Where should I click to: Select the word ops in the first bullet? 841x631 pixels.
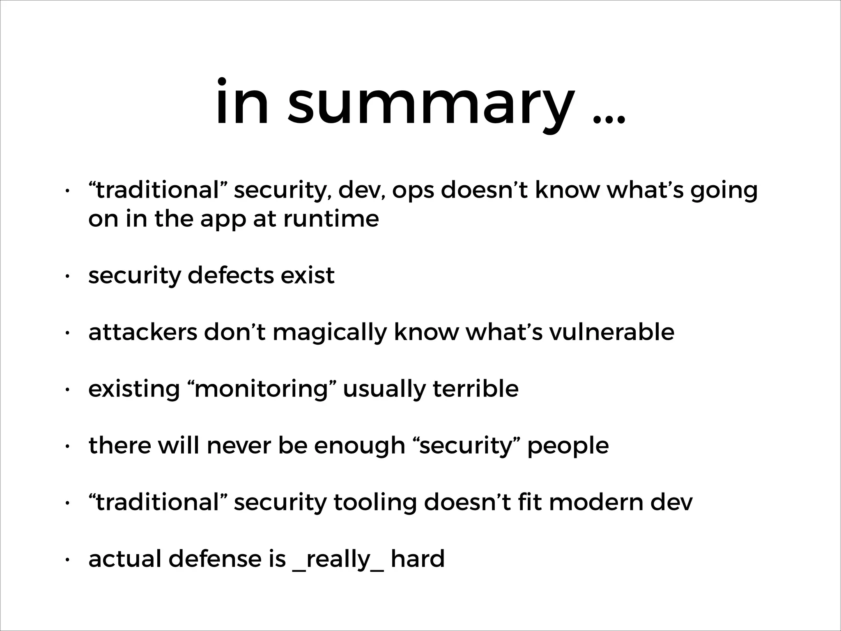[413, 191]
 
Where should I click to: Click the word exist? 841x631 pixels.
[308, 275]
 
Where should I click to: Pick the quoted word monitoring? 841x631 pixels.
[262, 389]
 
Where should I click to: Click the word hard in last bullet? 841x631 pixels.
[418, 559]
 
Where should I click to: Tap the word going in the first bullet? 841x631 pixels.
[724, 191]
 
